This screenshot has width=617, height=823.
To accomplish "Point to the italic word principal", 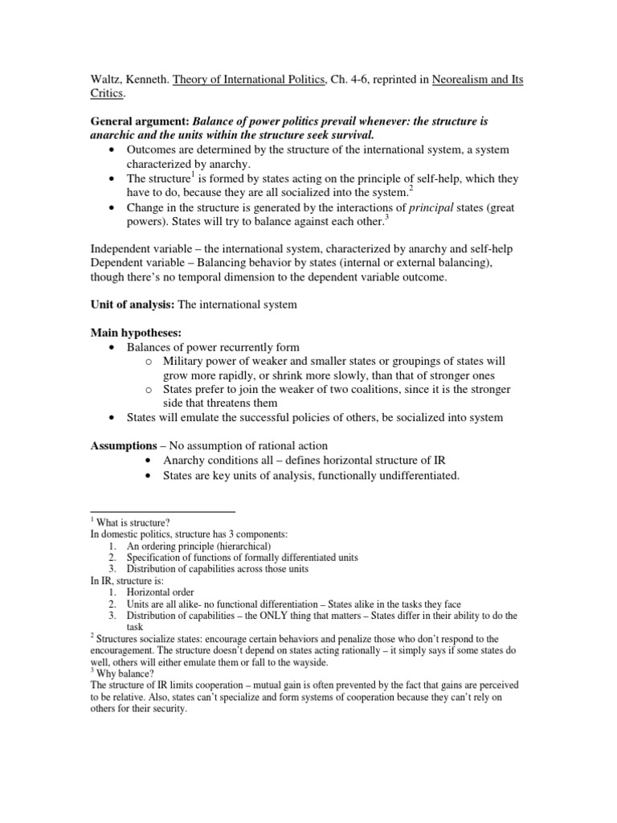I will click(x=433, y=207).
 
